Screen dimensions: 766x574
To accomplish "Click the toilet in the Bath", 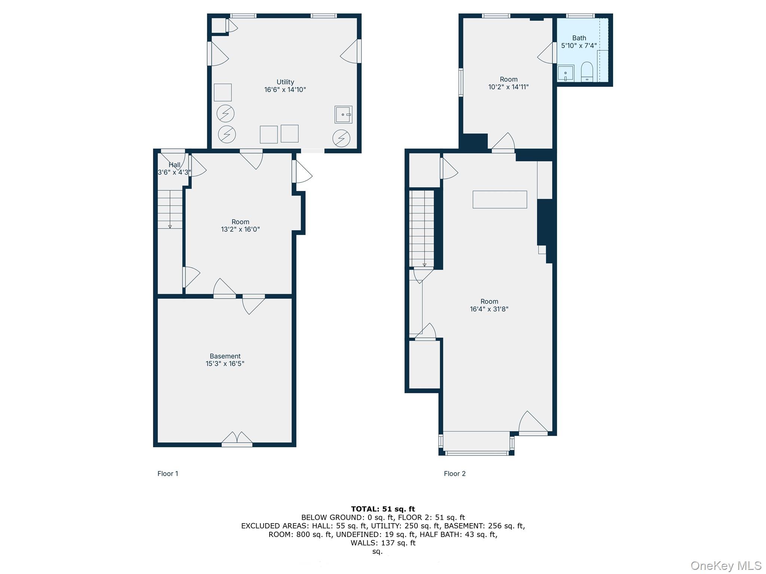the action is (587, 72).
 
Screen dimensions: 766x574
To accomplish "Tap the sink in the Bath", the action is (566, 73).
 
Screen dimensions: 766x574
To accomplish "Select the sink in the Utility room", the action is (343, 115).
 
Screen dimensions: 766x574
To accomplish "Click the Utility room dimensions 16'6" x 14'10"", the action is (285, 90).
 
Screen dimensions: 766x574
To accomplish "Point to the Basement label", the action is (225, 356).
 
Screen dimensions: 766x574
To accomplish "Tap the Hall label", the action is (174, 165).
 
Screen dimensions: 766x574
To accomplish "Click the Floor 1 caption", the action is (168, 474).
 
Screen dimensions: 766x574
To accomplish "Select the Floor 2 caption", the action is (455, 474).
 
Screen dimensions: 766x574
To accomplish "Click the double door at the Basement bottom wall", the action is (237, 439).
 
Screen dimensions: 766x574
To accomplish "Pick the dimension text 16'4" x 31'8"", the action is (489, 309).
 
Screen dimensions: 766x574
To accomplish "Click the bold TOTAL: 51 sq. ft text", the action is (383, 509).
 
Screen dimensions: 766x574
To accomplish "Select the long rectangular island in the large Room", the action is (500, 200).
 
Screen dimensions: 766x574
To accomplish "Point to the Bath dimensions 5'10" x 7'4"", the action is (579, 46).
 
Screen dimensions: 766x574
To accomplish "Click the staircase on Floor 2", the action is (422, 229).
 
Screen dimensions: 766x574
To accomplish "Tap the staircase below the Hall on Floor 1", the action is (170, 209).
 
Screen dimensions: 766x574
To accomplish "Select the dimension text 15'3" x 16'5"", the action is (225, 364).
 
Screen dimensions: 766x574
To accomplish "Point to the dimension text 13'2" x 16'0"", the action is (240, 229).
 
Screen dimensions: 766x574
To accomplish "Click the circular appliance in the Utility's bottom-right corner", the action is (341, 138).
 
